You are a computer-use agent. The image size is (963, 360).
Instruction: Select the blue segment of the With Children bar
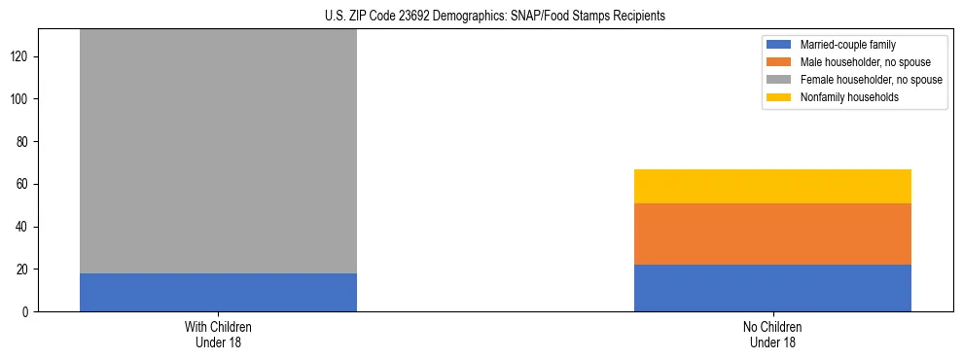pyautogui.click(x=218, y=292)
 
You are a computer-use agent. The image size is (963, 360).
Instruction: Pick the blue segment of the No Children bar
pyautogui.click(x=772, y=288)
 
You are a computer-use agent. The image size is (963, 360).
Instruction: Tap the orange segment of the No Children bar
pyautogui.click(x=772, y=234)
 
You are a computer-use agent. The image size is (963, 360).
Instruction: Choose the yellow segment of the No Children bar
pyautogui.click(x=772, y=186)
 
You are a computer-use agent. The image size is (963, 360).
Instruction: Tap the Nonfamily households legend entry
pyautogui.click(x=849, y=97)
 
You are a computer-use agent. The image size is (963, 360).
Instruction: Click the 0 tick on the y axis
pyautogui.click(x=27, y=311)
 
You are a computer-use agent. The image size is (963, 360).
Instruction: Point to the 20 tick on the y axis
pyautogui.click(x=24, y=270)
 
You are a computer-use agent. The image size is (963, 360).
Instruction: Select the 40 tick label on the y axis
pyautogui.click(x=24, y=227)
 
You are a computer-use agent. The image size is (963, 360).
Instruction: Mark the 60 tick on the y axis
pyautogui.click(x=24, y=184)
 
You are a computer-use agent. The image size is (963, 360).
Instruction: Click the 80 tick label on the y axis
pyautogui.click(x=24, y=142)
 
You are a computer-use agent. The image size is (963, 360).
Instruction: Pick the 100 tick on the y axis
pyautogui.click(x=21, y=99)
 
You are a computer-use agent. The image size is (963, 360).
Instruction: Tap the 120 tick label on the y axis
pyautogui.click(x=21, y=56)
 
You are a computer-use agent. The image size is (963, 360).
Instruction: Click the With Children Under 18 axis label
pyautogui.click(x=218, y=334)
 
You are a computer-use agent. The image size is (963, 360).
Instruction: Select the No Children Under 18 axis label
pyautogui.click(x=772, y=334)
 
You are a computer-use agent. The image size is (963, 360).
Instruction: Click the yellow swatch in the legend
pyautogui.click(x=779, y=97)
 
